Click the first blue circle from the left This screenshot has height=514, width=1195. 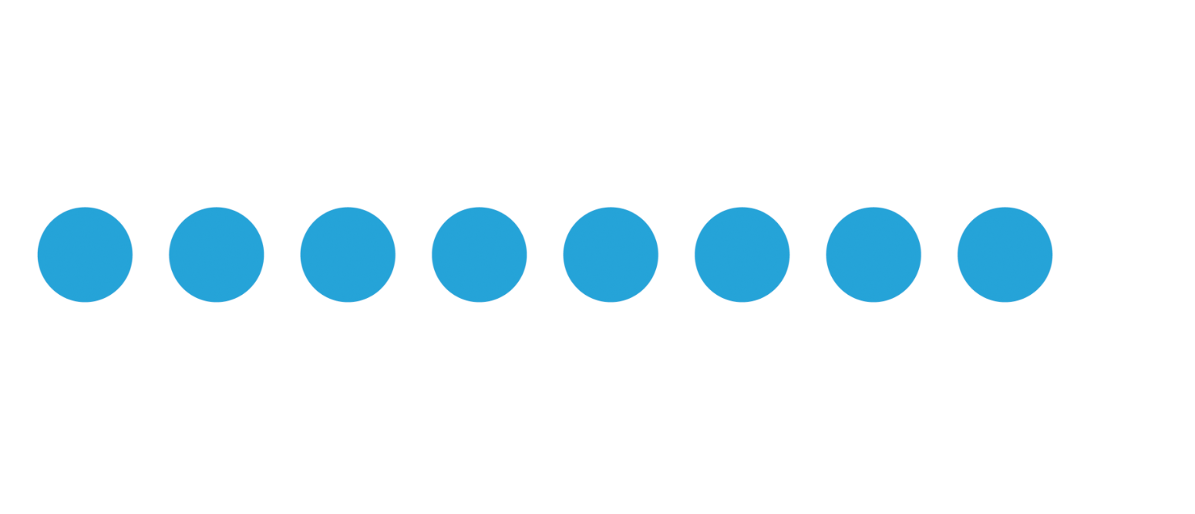click(x=85, y=255)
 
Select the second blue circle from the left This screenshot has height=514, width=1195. click(x=217, y=255)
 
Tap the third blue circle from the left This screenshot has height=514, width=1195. click(x=348, y=255)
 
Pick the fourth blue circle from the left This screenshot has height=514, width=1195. click(x=480, y=255)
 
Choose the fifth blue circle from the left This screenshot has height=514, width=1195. click(x=611, y=255)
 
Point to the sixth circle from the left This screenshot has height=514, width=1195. click(x=742, y=255)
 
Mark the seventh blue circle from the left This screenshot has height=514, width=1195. click(x=874, y=255)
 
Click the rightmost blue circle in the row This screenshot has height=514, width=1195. click(x=1005, y=255)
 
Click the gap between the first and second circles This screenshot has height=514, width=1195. click(x=150, y=255)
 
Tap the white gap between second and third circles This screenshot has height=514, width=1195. click(x=282, y=255)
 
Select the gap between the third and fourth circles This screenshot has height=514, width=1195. click(x=413, y=255)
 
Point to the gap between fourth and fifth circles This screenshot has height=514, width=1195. click(x=545, y=255)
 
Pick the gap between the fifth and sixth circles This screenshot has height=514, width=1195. click(x=676, y=255)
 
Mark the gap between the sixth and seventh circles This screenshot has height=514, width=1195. click(x=808, y=255)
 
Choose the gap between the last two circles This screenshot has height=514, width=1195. click(x=939, y=255)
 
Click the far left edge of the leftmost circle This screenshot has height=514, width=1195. click(x=39, y=255)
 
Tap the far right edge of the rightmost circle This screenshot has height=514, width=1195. click(x=1051, y=255)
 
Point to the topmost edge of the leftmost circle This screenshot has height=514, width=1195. click(x=85, y=208)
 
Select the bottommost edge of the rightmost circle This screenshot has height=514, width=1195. click(x=1005, y=301)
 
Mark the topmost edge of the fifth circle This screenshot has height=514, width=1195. click(x=611, y=208)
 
